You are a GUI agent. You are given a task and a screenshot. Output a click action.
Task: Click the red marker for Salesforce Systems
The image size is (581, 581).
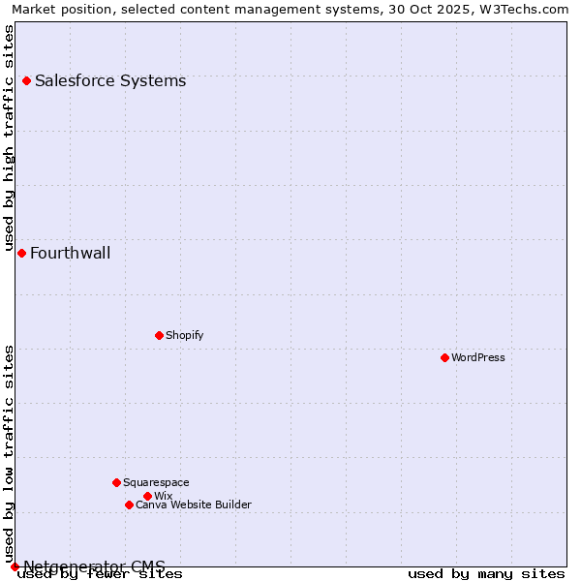26,80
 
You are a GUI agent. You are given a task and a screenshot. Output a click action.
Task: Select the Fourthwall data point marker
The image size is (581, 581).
21,253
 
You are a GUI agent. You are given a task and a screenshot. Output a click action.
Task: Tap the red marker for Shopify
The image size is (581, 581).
159,335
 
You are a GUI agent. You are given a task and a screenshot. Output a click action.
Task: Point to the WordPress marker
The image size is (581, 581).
444,357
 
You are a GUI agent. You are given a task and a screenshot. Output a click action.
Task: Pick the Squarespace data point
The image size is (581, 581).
116,482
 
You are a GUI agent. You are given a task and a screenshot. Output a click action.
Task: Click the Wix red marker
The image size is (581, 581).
147,496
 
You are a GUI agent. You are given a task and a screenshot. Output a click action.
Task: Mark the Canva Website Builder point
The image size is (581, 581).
129,505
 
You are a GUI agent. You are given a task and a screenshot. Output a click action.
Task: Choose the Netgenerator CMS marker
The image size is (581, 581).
15,566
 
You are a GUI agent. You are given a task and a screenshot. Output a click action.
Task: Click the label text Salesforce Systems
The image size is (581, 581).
110,80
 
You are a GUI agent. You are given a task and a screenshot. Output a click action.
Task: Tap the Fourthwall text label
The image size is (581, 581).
70,254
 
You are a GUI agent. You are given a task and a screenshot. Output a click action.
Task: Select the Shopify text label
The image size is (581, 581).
184,335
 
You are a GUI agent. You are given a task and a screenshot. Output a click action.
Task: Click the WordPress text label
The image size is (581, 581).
478,357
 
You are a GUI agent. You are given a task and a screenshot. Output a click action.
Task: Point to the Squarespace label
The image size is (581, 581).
156,482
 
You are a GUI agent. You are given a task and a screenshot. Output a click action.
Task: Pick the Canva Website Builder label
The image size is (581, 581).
193,505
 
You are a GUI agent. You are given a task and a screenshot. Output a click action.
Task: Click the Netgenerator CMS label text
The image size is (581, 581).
94,566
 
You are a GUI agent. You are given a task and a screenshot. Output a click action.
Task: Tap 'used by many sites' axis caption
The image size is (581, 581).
486,574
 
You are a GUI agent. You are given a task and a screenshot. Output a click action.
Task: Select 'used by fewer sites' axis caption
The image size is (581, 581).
100,574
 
